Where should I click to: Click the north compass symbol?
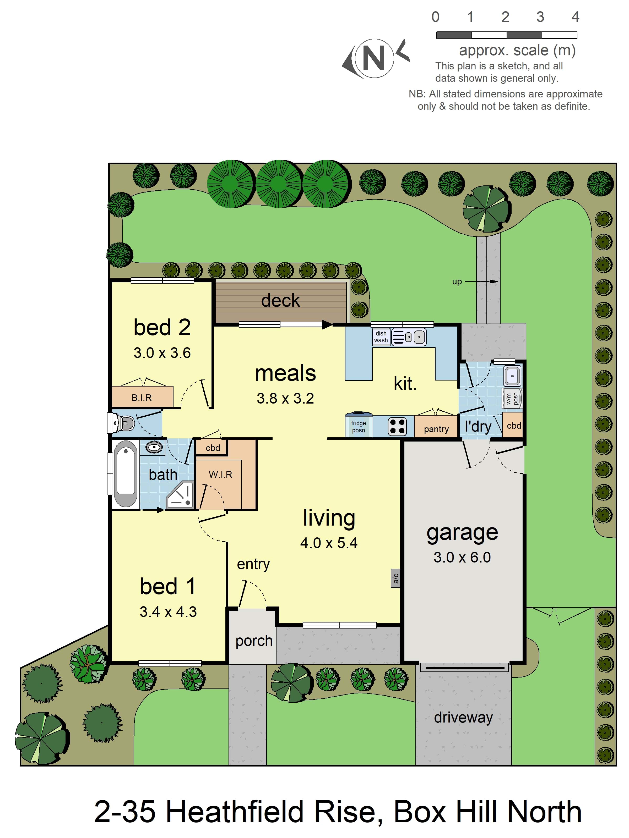[375, 59]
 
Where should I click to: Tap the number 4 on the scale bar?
[575, 17]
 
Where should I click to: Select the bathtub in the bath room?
[126, 473]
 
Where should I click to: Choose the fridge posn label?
[358, 427]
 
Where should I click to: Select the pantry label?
[436, 429]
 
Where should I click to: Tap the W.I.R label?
[220, 474]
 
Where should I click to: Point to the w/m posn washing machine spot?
[512, 398]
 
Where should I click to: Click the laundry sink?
[512, 376]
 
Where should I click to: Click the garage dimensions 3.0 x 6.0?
[462, 557]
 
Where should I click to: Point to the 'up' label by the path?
[457, 282]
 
